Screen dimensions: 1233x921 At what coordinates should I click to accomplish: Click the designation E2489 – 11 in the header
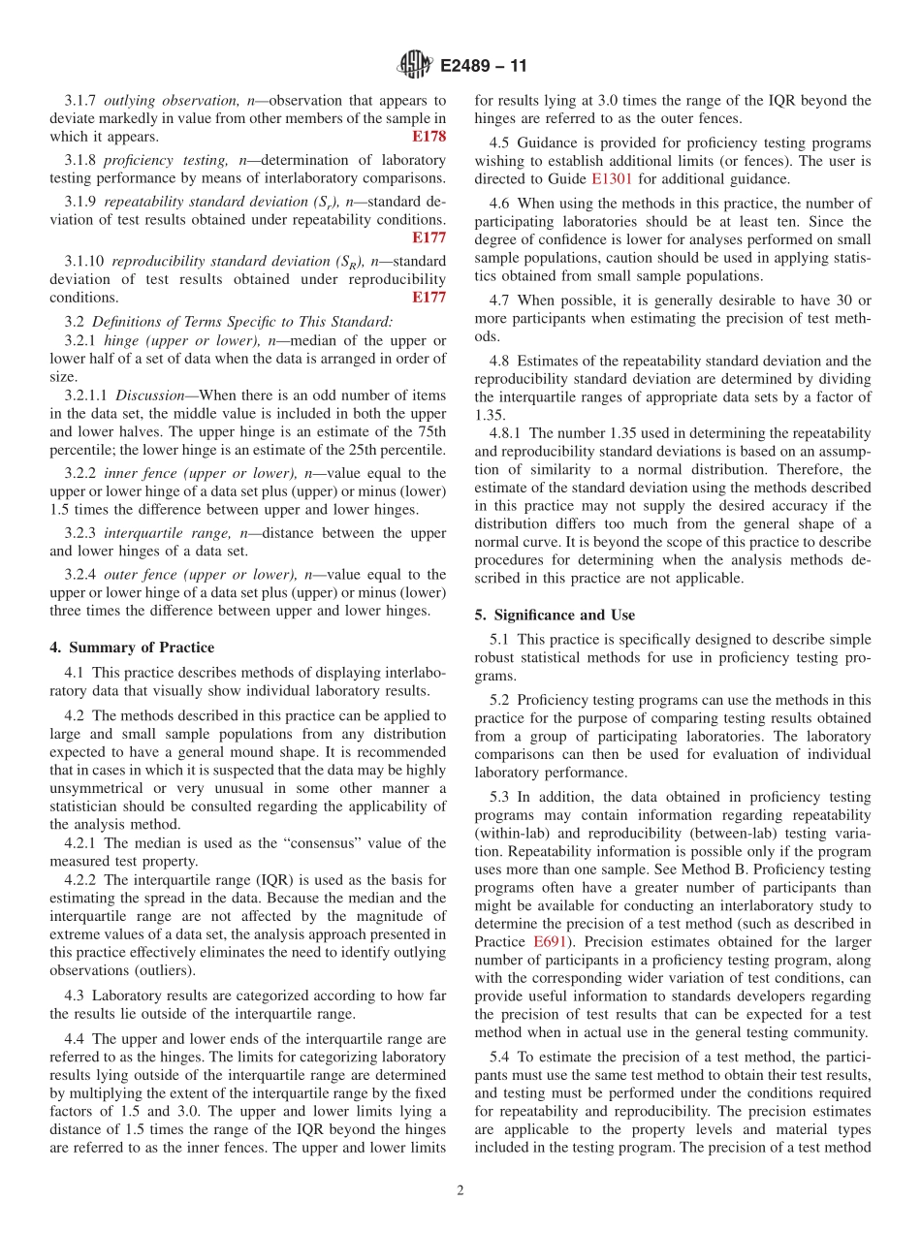pyautogui.click(x=484, y=67)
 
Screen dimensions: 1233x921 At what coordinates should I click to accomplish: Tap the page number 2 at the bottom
pyautogui.click(x=460, y=1191)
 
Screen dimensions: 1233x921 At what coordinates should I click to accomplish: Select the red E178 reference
pyautogui.click(x=429, y=137)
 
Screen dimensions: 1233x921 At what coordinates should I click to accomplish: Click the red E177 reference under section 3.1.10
pyautogui.click(x=429, y=298)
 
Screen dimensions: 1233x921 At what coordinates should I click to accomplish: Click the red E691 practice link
pyautogui.click(x=550, y=941)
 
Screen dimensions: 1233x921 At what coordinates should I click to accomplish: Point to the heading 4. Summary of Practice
pyautogui.click(x=132, y=648)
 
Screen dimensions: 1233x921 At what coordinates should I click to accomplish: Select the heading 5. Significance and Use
pyautogui.click(x=555, y=615)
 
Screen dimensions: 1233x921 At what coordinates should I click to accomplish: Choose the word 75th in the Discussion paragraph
pyautogui.click(x=429, y=432)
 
